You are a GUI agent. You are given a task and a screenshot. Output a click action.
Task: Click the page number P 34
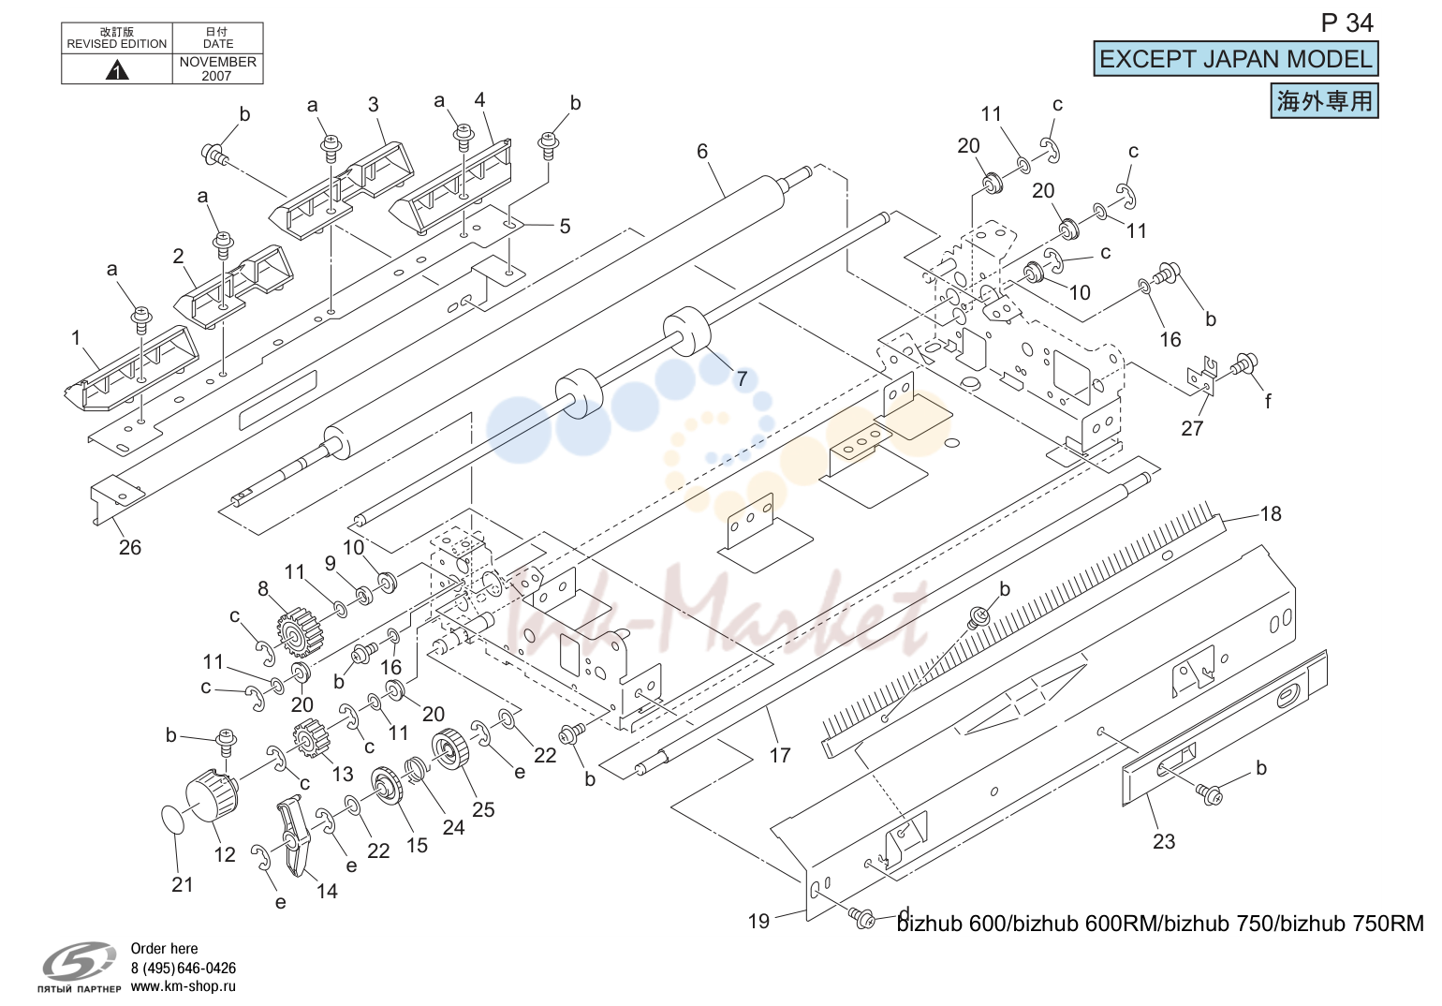1346,23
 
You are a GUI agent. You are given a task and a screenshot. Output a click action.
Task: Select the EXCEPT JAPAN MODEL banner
1235,59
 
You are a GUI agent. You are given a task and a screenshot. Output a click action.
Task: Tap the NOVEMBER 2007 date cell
217,68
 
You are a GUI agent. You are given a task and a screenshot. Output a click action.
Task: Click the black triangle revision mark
117,69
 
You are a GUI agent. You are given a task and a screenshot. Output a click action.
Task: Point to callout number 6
701,152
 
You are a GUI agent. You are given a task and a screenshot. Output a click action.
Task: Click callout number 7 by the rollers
742,378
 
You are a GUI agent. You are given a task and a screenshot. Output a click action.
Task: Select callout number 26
130,547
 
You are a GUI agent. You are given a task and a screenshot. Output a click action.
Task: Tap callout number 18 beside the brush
1270,514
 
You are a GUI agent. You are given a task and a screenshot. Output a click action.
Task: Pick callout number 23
1163,841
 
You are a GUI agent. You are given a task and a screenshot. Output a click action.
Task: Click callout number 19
758,921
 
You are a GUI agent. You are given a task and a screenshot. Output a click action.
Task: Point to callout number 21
183,884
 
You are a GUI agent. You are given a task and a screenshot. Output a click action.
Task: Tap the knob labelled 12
212,796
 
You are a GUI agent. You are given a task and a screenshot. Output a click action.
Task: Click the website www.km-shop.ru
184,986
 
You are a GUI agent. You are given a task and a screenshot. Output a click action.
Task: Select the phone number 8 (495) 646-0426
184,968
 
